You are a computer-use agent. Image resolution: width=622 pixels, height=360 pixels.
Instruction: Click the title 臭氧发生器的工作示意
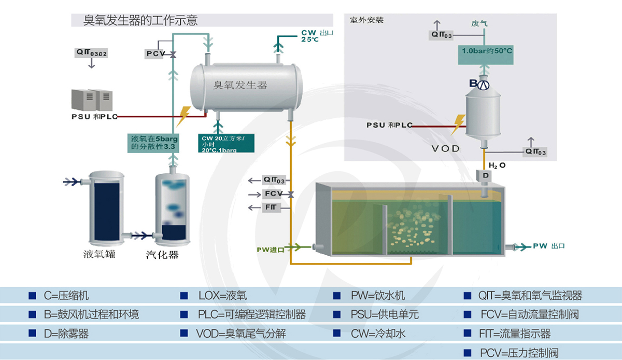pyautogui.click(x=140, y=20)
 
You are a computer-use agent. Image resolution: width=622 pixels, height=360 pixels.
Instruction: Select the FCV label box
pyautogui.click(x=273, y=193)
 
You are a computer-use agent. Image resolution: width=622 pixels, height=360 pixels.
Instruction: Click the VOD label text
pyautogui.click(x=445, y=148)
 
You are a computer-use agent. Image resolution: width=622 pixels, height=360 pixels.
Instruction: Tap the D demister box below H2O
pyautogui.click(x=486, y=175)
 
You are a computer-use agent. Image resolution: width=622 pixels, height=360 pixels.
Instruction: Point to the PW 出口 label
pyautogui.click(x=548, y=246)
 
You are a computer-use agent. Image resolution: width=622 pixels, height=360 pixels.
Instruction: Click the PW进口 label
pyautogui.click(x=271, y=250)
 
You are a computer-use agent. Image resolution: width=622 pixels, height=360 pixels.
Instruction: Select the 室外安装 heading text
pyautogui.click(x=366, y=21)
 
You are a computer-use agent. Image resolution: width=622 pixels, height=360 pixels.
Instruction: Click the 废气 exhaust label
pyautogui.click(x=479, y=23)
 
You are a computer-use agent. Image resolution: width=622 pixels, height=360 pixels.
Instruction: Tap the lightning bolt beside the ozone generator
pyautogui.click(x=183, y=117)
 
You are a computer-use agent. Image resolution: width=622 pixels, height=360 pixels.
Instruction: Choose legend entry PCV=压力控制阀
pyautogui.click(x=519, y=353)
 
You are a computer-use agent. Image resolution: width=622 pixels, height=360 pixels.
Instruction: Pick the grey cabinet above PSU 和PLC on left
pyautogui.click(x=92, y=100)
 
